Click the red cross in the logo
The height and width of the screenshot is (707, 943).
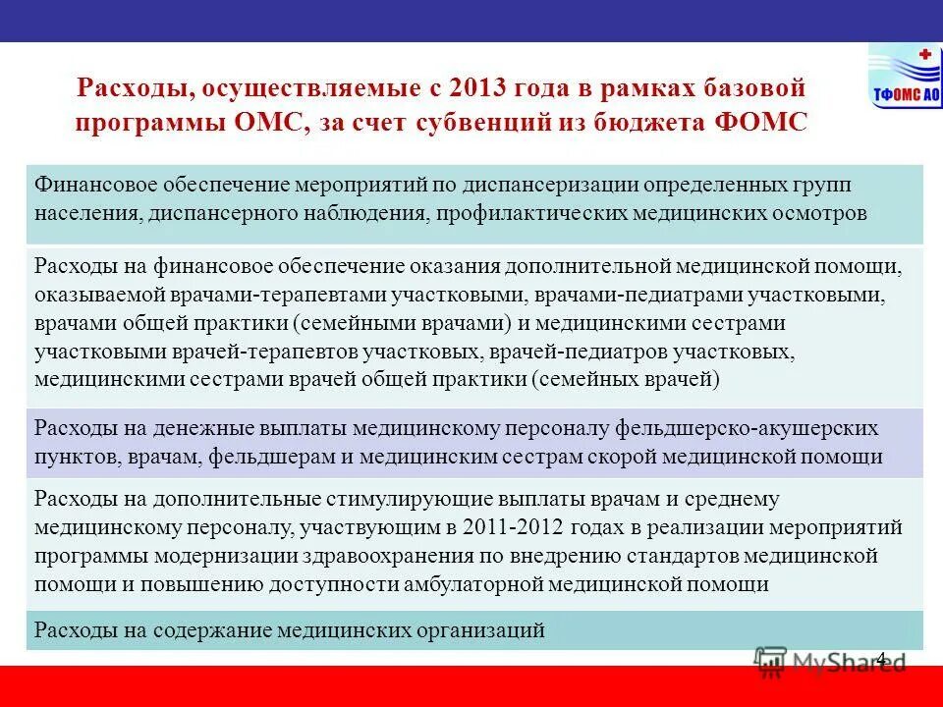point(923,54)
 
